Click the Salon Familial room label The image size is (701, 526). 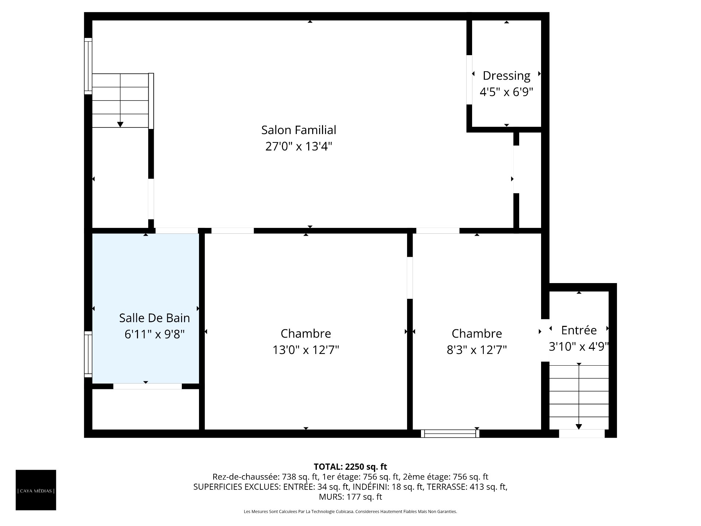tap(299, 130)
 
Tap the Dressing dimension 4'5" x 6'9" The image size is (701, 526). tap(506, 92)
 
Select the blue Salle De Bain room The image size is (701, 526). tap(145, 308)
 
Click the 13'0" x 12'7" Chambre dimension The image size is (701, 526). tap(306, 350)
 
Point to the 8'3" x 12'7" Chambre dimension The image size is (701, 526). tap(477, 350)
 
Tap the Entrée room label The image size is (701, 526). tap(579, 330)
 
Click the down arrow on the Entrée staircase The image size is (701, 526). tap(579, 396)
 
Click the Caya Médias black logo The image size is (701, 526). tap(36, 490)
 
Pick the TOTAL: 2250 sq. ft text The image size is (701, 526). tap(350, 466)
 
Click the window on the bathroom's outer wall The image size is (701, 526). tap(88, 354)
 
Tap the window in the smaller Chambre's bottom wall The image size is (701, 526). tap(450, 434)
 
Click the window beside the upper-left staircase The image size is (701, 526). tap(88, 66)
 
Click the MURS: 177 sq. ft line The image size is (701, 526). tap(350, 497)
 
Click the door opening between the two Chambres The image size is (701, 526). tap(410, 278)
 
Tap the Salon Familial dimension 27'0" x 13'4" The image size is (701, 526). tap(299, 146)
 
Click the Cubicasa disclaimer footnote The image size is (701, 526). tap(350, 512)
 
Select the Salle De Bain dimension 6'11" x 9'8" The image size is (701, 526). tap(154, 334)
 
